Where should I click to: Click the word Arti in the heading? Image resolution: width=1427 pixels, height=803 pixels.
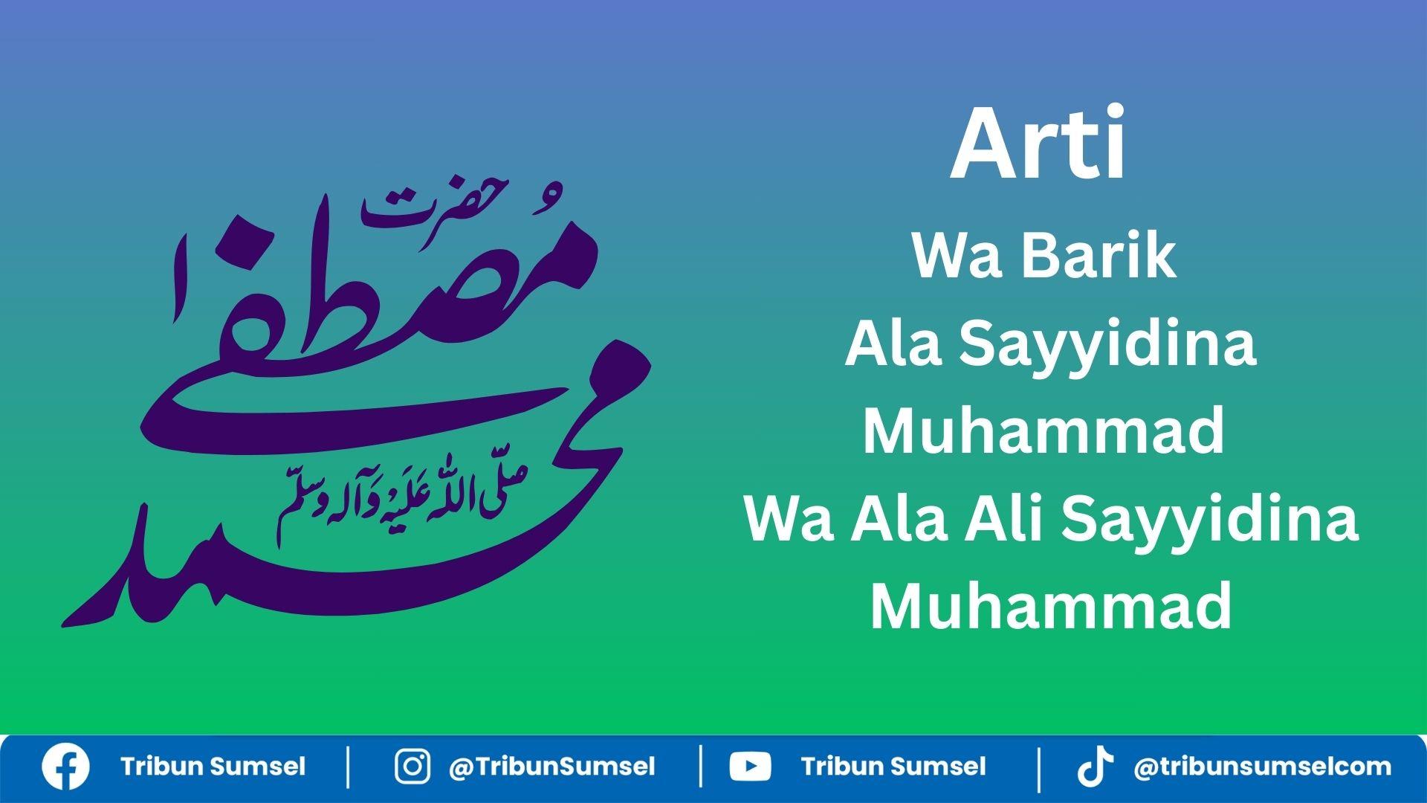[1038, 145]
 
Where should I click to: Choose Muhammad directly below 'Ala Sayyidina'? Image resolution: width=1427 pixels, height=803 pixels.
[1043, 432]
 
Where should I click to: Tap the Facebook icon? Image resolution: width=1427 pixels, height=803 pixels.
[65, 767]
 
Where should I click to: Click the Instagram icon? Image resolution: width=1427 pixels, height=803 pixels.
[412, 767]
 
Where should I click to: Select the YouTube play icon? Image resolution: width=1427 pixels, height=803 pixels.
[750, 767]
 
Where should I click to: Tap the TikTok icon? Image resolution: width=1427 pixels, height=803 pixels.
[1095, 767]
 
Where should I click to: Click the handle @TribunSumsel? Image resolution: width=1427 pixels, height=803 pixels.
[551, 767]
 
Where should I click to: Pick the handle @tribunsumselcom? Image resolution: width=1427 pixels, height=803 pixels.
[1262, 767]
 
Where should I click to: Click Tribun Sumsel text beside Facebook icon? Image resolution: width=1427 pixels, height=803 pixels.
[213, 767]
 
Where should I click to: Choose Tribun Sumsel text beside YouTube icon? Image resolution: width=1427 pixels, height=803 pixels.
[893, 767]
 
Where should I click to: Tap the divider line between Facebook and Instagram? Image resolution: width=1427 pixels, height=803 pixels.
[349, 767]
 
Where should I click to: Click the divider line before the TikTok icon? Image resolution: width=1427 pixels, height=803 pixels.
[1038, 767]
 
